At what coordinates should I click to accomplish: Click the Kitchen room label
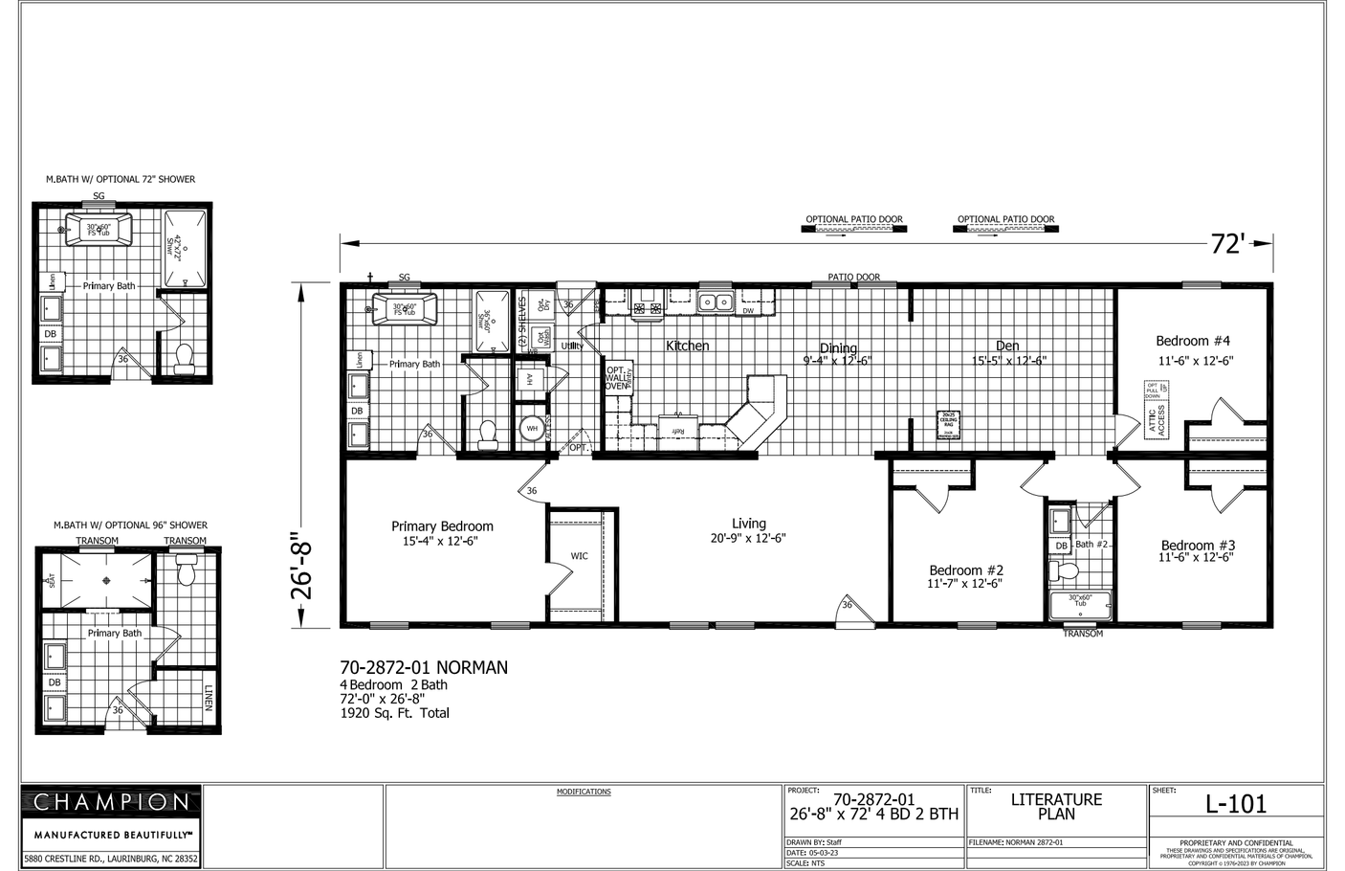[687, 346]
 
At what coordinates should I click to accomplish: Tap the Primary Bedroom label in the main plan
[442, 525]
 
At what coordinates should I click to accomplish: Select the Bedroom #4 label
[1192, 341]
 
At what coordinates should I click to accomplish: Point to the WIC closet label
[580, 555]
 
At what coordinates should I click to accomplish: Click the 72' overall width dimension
[1226, 244]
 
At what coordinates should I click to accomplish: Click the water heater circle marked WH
[532, 428]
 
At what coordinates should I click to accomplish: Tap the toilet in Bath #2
[1064, 571]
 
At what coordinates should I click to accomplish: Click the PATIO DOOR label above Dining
[853, 278]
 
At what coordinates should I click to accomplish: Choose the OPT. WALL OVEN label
[617, 378]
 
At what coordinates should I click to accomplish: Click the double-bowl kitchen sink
[715, 302]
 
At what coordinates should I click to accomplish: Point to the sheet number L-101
[1235, 804]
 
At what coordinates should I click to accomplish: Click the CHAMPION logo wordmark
[112, 801]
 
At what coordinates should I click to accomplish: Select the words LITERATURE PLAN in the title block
[1056, 807]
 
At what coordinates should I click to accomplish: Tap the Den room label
[1007, 346]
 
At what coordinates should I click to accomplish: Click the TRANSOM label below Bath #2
[1083, 634]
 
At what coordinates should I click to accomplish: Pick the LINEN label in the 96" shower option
[208, 697]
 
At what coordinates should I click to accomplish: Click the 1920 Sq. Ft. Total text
[394, 713]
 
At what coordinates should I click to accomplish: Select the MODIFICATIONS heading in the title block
[584, 792]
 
